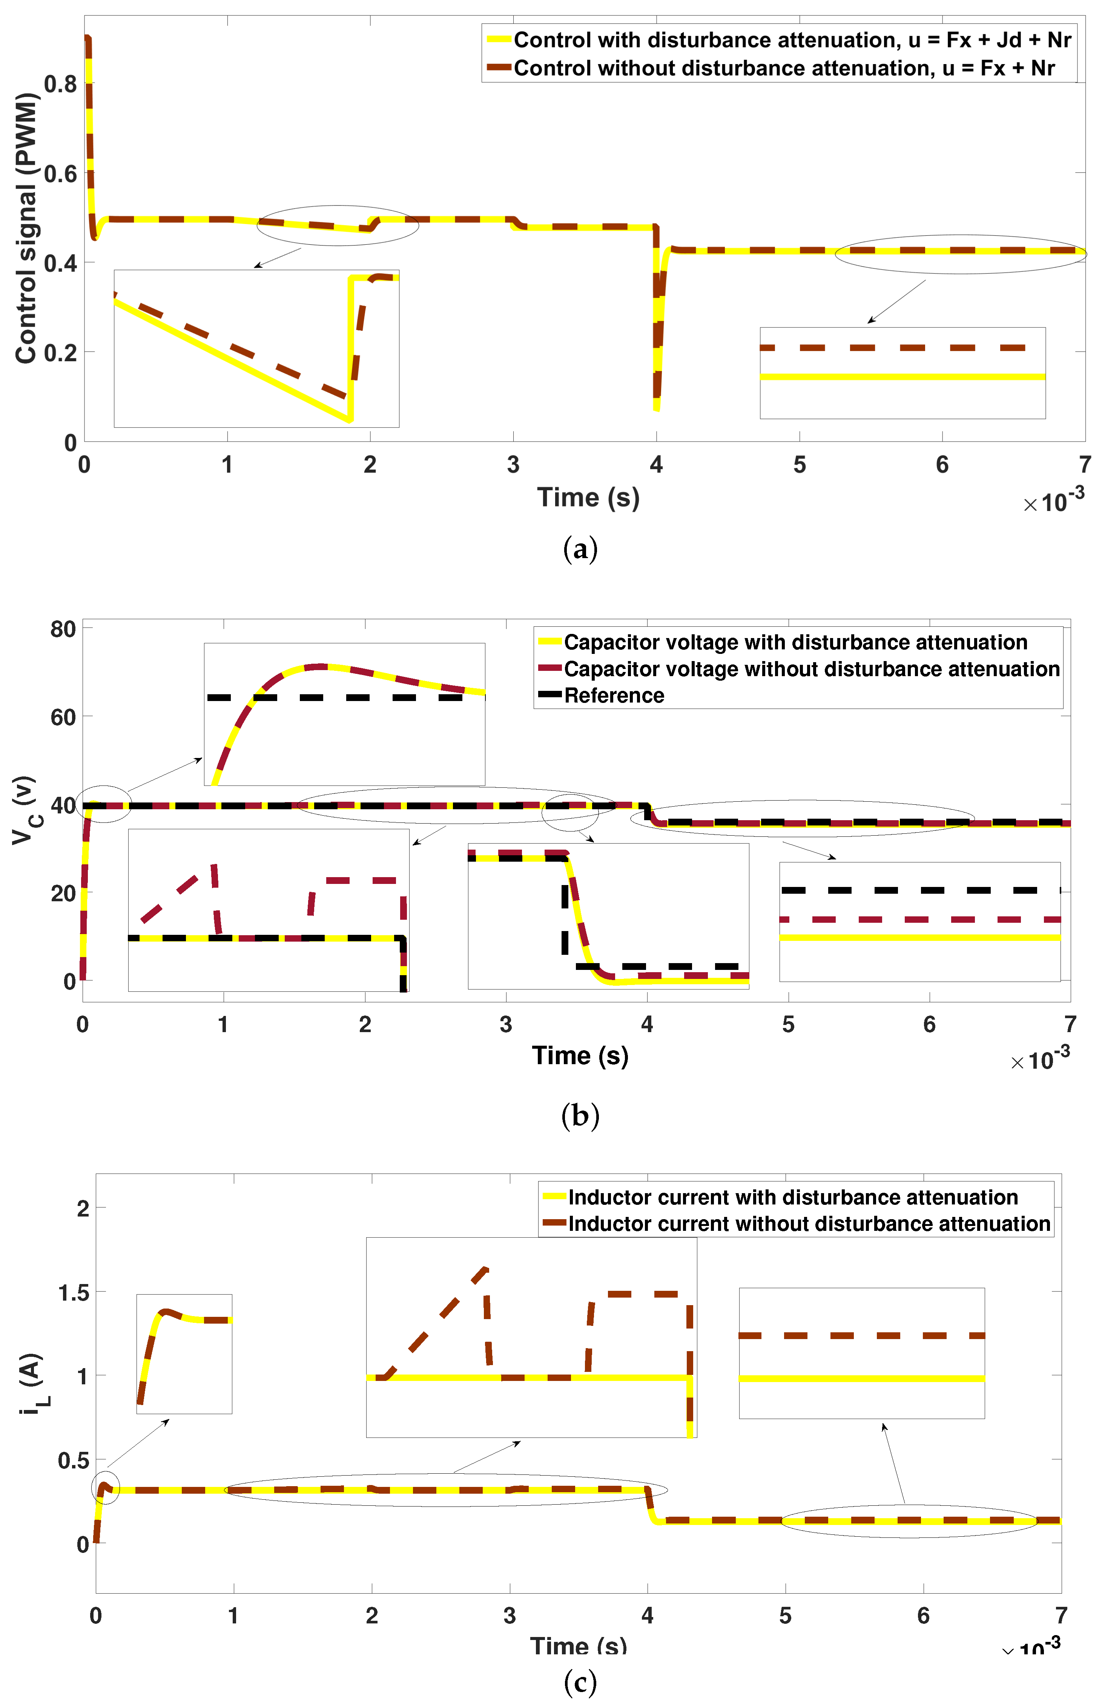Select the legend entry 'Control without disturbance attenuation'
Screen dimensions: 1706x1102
click(784, 68)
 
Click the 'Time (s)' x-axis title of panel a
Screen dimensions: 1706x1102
click(588, 497)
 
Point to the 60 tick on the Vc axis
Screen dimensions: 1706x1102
click(63, 717)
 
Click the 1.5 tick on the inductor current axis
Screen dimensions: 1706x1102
click(74, 1292)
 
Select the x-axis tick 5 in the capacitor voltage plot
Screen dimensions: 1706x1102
click(788, 1024)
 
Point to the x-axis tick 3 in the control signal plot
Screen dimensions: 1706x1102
click(513, 465)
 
